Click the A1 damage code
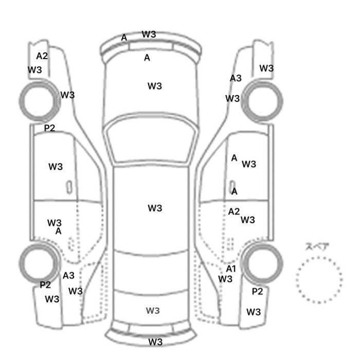[x=231, y=268]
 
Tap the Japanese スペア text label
[x=314, y=246]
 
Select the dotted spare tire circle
[x=319, y=280]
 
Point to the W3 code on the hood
[x=155, y=86]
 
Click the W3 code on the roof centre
[x=155, y=208]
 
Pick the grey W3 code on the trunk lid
[x=153, y=311]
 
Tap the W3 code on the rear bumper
[x=155, y=342]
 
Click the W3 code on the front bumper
[x=149, y=34]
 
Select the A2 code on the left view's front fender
[x=42, y=56]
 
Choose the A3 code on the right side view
[x=236, y=78]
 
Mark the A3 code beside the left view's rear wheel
[x=68, y=276]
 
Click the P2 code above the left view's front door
[x=49, y=128]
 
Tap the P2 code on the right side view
[x=257, y=292]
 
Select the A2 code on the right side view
[x=234, y=211]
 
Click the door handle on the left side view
[x=69, y=187]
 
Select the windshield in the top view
[x=150, y=139]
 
